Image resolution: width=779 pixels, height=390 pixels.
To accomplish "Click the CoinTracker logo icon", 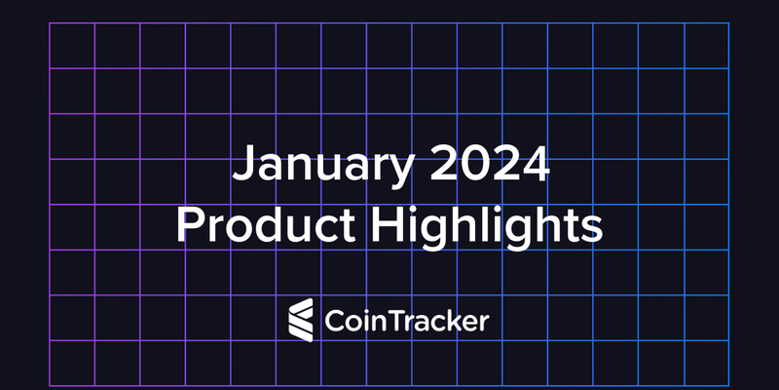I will (x=300, y=320).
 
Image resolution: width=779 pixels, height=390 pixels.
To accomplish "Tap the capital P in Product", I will (x=188, y=226).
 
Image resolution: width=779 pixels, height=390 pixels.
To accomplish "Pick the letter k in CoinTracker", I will (x=452, y=319).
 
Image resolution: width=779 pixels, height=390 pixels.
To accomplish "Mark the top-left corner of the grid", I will (x=50, y=23).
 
